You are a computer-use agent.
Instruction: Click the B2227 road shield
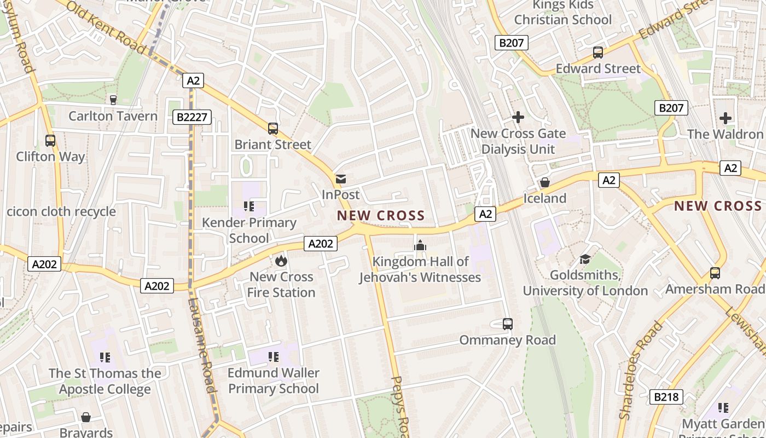192,117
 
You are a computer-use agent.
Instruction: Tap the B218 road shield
666,397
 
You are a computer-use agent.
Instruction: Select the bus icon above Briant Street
273,129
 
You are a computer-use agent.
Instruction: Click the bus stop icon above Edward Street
598,53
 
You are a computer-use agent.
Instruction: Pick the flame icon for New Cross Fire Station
281,261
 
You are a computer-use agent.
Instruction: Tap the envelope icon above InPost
341,179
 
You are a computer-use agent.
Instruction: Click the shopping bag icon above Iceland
545,182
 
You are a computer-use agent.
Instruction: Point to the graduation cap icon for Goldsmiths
585,259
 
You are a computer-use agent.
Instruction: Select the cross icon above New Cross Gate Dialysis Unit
518,117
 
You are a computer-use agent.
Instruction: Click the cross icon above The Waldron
725,118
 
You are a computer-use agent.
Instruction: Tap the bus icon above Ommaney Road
508,324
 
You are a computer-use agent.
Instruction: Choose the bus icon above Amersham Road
715,273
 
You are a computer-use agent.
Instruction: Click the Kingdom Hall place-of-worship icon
420,246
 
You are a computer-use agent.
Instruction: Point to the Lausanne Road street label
201,345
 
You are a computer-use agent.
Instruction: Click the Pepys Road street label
401,405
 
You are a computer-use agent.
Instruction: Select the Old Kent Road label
107,27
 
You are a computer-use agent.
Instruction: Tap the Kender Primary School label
249,230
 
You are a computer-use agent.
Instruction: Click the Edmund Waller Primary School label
273,381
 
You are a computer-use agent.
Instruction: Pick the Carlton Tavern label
113,116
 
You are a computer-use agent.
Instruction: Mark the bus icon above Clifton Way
50,141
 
